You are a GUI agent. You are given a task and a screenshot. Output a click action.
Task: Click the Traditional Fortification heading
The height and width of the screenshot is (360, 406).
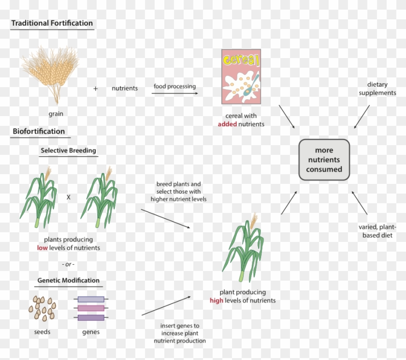pos(52,23)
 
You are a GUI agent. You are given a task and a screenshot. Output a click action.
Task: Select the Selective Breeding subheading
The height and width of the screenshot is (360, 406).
pos(68,150)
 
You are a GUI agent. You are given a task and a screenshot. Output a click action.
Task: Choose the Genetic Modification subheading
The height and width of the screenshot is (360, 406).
pos(68,280)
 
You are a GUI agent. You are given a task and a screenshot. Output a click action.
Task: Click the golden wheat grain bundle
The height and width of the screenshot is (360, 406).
pos(51,73)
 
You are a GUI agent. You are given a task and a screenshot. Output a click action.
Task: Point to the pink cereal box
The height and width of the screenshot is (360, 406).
pos(241,76)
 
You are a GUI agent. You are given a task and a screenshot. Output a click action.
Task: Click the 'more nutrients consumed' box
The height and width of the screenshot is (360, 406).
pos(324,160)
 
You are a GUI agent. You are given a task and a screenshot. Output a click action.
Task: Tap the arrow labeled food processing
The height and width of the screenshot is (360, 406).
pos(174,93)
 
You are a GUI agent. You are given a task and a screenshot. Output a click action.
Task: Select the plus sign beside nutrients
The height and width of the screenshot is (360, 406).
pos(95,89)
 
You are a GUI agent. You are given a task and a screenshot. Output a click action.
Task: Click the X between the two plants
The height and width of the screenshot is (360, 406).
pos(68,197)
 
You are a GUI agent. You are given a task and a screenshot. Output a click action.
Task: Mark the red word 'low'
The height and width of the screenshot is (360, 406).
pos(43,248)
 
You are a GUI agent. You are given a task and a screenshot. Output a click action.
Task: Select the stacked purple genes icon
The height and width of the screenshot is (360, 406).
pos(91,308)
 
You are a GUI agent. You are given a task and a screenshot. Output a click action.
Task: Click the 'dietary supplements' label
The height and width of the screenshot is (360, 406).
pos(377,89)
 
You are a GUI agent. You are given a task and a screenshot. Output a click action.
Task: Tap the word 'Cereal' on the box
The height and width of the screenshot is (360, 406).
pos(240,60)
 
